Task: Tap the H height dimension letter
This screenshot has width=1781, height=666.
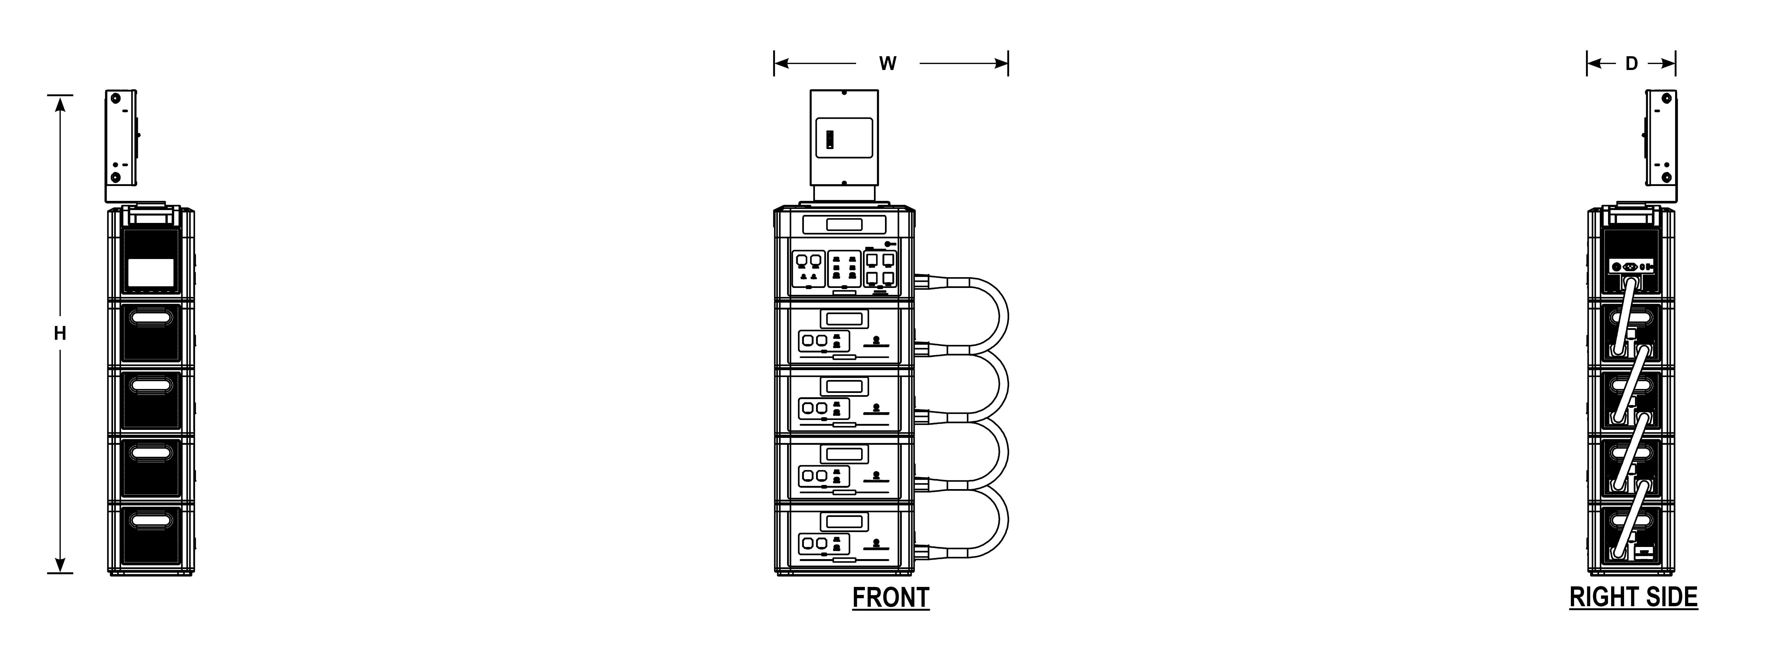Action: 60,334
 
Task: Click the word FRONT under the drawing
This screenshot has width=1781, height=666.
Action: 890,598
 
